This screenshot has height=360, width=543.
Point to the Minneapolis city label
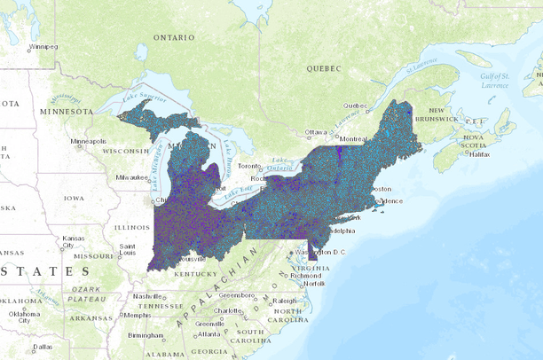(90, 141)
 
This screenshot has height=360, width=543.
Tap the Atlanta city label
(209, 334)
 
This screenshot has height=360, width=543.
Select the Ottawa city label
(316, 132)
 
